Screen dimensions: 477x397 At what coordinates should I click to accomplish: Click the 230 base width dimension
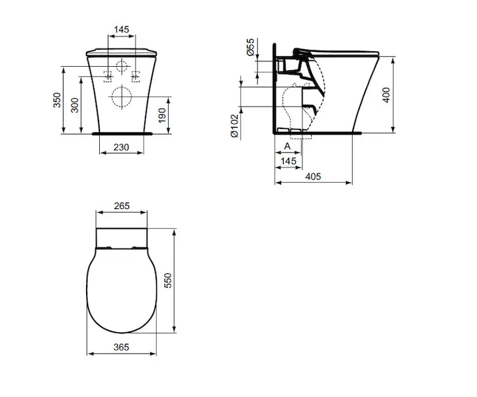(x=121, y=148)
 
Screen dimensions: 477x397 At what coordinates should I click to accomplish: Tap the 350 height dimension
(x=57, y=100)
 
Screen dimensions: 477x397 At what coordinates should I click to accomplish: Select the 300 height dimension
(x=75, y=105)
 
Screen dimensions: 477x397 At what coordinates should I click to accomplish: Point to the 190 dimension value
(x=162, y=115)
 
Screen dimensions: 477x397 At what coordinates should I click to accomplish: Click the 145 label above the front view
(x=121, y=30)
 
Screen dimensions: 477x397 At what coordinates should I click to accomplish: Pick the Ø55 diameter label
(x=250, y=47)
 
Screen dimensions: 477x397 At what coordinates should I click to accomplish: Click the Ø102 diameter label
(x=235, y=126)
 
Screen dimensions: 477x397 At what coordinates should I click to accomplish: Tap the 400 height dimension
(x=386, y=95)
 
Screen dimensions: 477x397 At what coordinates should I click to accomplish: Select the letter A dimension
(x=287, y=146)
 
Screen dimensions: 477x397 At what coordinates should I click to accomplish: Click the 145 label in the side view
(x=288, y=161)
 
